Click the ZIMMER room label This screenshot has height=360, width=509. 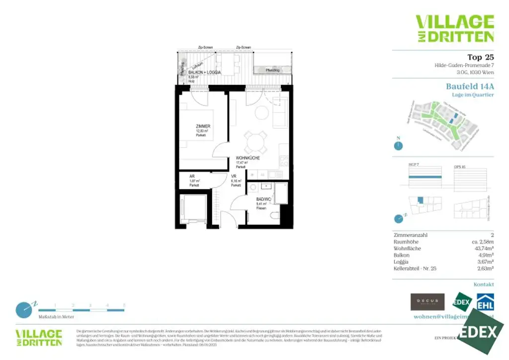coord(203,126)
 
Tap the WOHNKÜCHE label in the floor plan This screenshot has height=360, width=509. coord(248,158)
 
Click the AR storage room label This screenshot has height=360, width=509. coord(192,176)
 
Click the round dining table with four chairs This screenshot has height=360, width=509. coord(255,141)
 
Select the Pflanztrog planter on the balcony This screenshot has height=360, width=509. coord(272,70)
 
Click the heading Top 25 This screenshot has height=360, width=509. coord(481,57)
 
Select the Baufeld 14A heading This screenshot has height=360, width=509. coord(470,86)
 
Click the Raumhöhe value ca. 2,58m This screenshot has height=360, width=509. coord(481,242)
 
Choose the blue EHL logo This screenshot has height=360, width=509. coord(485,301)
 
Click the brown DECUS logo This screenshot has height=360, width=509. coord(427,301)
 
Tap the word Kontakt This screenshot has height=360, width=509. coord(484,284)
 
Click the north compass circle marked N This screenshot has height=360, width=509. coord(398,146)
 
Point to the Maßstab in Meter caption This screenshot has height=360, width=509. coord(56,316)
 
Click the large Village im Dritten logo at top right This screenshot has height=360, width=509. coord(454,28)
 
